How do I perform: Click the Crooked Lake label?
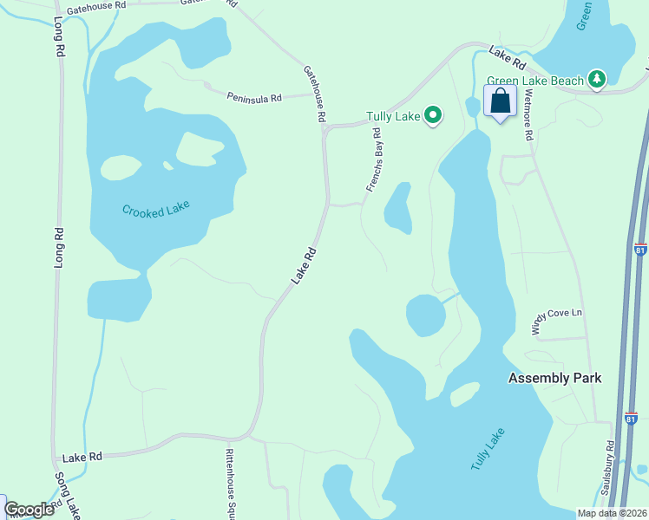point(155,210)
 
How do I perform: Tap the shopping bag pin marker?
point(500,102)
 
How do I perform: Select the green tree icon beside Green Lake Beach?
point(596,80)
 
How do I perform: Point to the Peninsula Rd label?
point(255,98)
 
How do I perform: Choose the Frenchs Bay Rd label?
point(374,160)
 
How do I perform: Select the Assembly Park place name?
point(555,378)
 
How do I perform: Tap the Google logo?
point(29,510)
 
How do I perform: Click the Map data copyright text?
point(612,513)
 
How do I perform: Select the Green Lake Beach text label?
point(535,81)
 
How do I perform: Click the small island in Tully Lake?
point(464,394)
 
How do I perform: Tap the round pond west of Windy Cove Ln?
point(425,315)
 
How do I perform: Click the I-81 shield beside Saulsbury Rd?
point(630,419)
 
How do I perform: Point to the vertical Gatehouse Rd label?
point(314,94)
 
